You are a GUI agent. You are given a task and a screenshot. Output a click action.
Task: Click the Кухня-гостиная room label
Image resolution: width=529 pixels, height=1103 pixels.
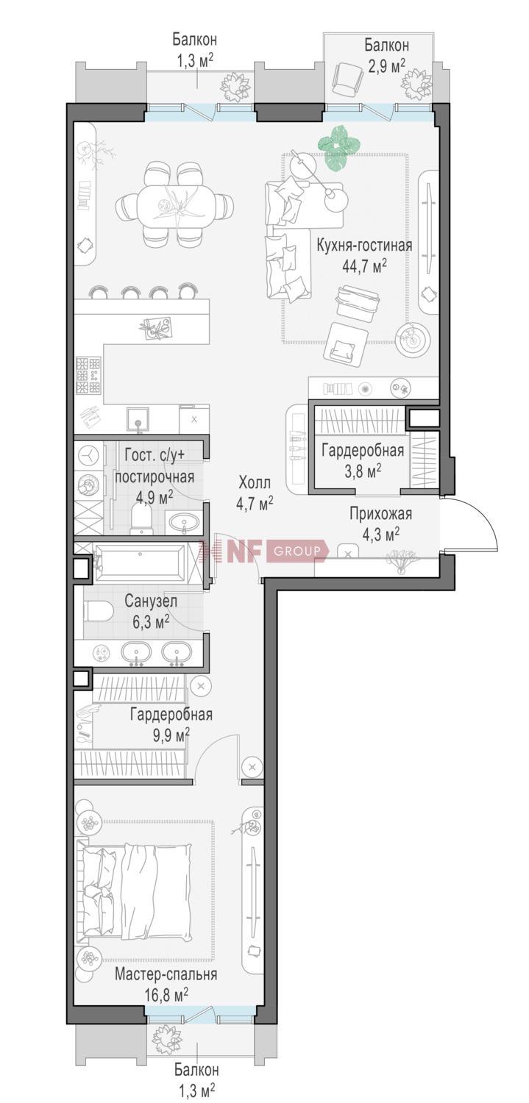[x=363, y=245]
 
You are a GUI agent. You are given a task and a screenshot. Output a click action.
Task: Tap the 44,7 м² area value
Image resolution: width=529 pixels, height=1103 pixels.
[x=364, y=266]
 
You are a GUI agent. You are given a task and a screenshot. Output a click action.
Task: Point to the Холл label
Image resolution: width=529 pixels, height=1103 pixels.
[x=254, y=482]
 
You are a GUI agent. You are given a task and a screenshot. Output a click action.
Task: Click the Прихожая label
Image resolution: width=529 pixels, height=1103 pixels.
[x=380, y=513]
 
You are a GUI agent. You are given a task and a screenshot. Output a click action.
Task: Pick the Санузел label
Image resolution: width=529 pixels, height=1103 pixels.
[x=151, y=601]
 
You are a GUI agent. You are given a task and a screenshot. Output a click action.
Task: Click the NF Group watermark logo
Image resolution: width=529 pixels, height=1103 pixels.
[x=262, y=551]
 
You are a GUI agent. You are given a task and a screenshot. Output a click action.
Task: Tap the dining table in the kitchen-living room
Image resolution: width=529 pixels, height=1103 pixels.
[x=174, y=204]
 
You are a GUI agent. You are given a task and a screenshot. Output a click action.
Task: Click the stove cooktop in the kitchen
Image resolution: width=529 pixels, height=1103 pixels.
[x=88, y=375]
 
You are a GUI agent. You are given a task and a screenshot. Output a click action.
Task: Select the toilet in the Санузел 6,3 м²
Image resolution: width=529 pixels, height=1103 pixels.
[x=99, y=613]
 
